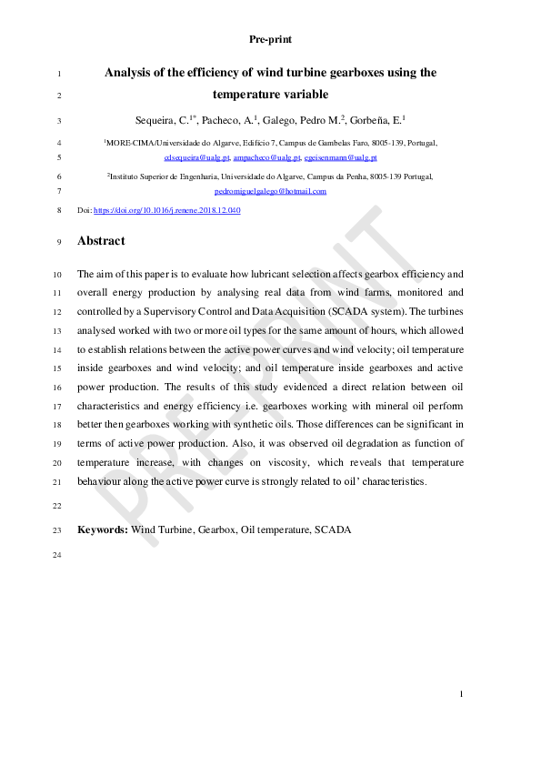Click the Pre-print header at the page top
click(x=270, y=39)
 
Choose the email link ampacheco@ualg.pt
click(x=266, y=157)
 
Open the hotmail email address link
click(x=270, y=191)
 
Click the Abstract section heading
click(x=101, y=241)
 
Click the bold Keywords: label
click(x=103, y=529)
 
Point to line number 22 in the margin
click(x=57, y=505)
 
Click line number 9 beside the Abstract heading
click(x=59, y=242)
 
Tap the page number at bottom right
click(x=462, y=695)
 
